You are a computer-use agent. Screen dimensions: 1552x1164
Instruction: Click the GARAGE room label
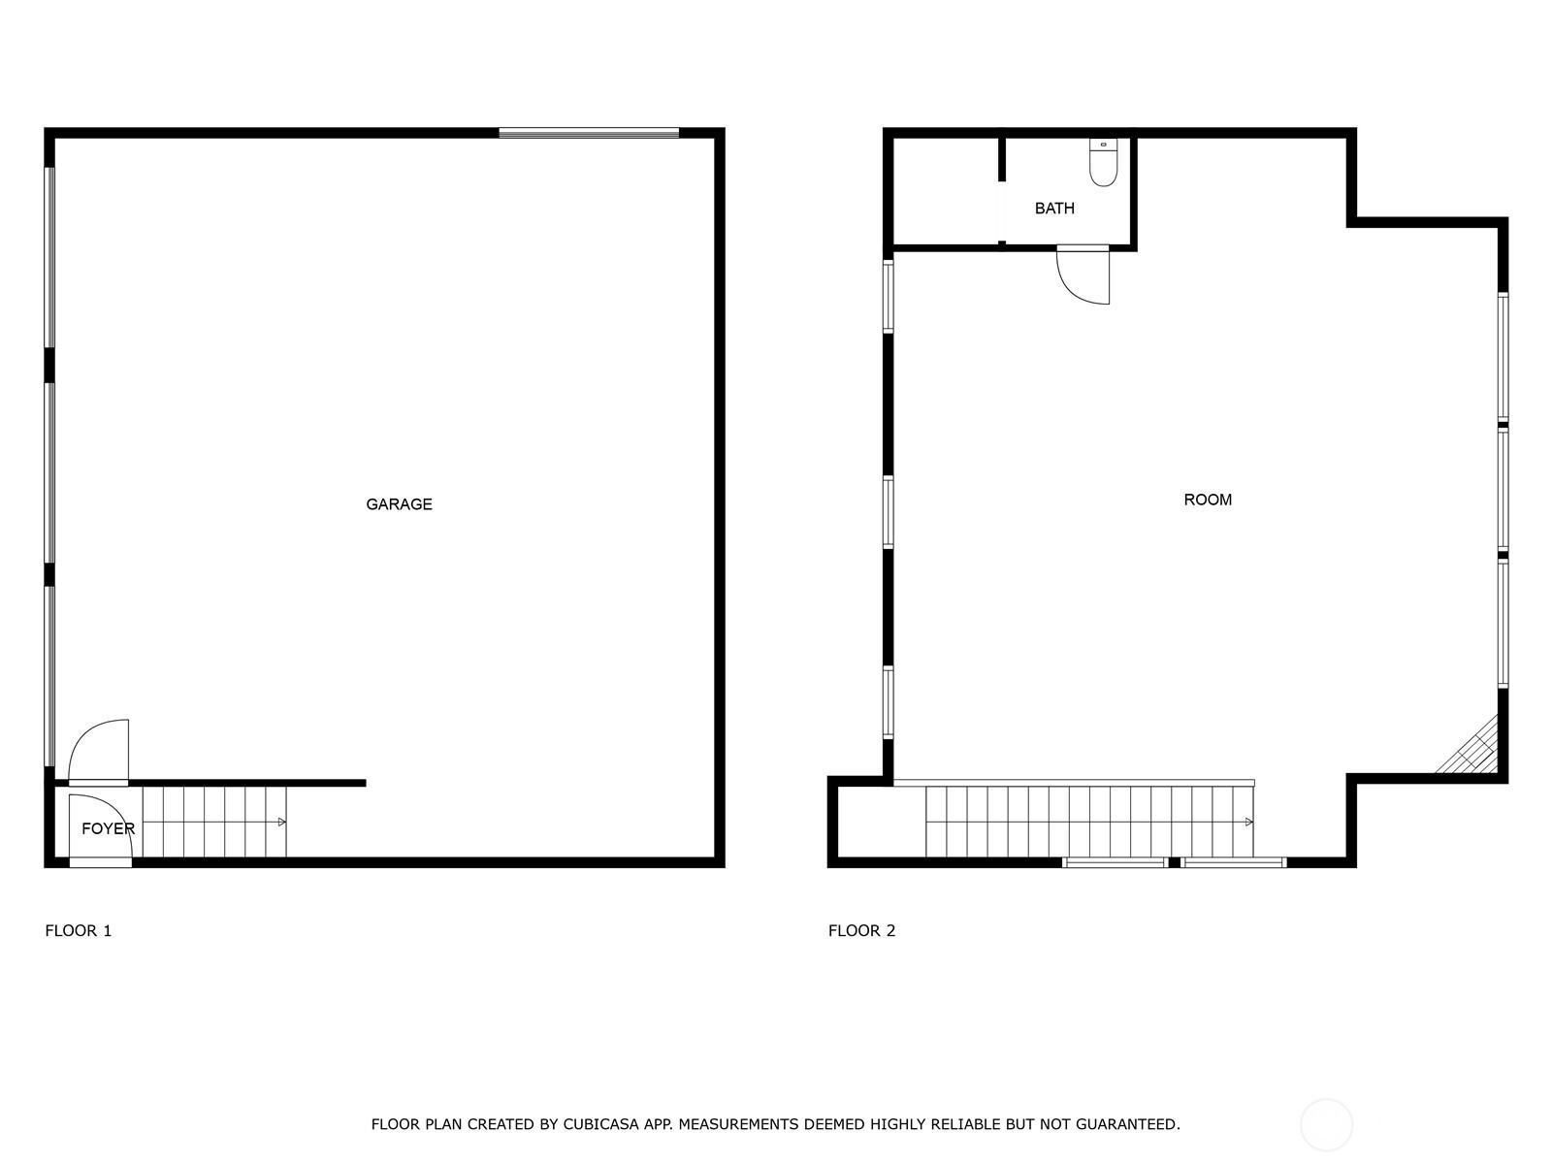coord(399,503)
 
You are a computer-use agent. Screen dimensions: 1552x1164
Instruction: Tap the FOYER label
coord(109,829)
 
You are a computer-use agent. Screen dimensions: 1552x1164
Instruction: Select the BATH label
coord(1054,209)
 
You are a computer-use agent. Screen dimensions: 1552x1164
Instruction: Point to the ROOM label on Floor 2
coord(1208,500)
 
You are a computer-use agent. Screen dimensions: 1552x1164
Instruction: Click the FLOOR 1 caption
coord(79,931)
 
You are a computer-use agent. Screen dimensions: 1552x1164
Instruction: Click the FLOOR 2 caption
coord(862,931)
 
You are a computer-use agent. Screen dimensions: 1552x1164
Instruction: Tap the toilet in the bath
coord(1103,163)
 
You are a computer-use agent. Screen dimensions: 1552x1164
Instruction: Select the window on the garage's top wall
coord(589,133)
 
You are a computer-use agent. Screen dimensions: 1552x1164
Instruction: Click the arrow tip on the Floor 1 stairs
coord(284,822)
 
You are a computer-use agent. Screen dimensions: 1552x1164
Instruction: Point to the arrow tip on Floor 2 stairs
coord(1251,822)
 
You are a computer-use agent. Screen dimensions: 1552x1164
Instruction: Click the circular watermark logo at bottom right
coord(1326,1124)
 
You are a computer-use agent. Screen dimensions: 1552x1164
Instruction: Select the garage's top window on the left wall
coord(49,257)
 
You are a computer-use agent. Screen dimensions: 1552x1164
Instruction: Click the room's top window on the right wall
coord(1503,358)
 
